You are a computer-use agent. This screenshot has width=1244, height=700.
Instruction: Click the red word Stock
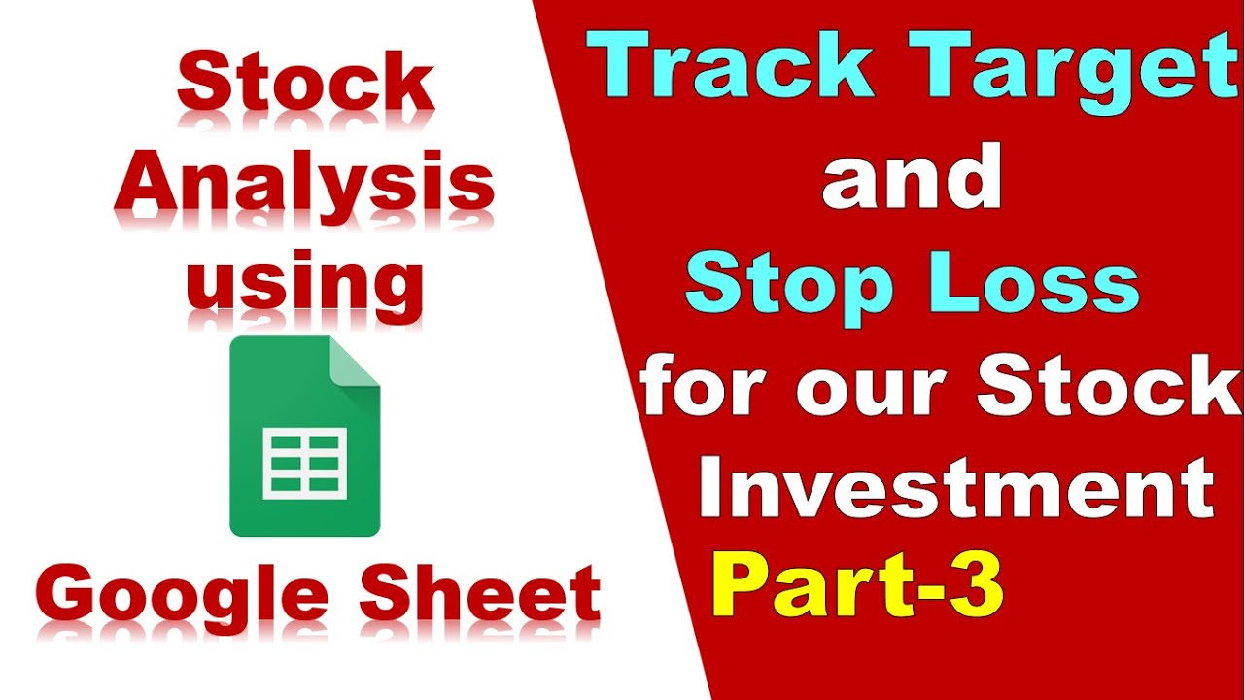pos(304,85)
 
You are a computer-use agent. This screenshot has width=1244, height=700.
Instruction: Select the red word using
pos(304,284)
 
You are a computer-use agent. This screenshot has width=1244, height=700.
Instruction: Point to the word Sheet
pos(479,594)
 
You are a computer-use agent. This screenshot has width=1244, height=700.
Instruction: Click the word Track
pos(735,66)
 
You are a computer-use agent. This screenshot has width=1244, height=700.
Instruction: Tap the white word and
pos(911,177)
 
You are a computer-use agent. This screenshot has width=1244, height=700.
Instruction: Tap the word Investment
pos(956,490)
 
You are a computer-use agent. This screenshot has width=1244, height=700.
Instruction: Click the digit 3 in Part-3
pos(977,589)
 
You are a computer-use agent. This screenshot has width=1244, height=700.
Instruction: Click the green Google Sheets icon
pos(304,437)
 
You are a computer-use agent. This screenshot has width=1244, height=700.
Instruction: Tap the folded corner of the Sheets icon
pos(355,361)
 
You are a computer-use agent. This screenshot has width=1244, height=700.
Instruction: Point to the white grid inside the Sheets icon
pos(304,465)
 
